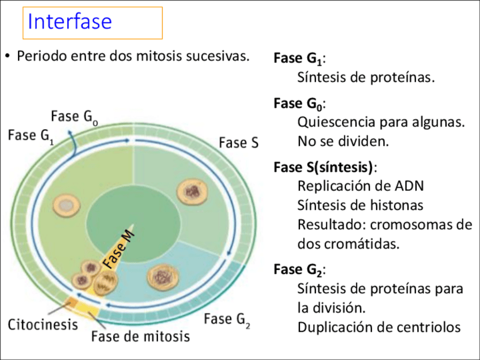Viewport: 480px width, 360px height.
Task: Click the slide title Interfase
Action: point(70,22)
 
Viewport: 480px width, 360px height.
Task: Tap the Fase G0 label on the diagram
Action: point(74,117)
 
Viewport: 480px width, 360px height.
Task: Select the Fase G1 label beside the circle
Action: point(31,136)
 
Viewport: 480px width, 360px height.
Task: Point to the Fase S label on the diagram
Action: point(238,143)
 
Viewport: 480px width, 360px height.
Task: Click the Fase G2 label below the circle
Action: point(226,319)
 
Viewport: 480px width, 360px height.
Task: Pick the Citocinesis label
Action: point(42,325)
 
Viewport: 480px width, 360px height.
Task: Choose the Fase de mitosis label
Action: point(140,336)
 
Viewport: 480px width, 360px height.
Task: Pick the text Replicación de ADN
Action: point(361,186)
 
